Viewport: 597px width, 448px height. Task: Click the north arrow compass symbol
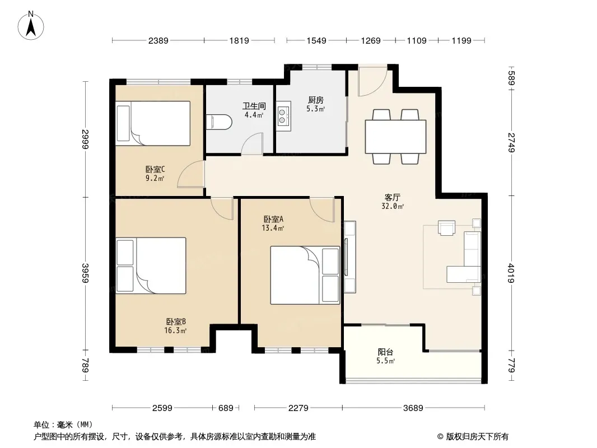[x=31, y=26]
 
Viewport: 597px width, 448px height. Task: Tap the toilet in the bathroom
[x=219, y=122]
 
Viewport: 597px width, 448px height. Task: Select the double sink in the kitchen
[x=283, y=116]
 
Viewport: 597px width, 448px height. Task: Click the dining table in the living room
[x=395, y=136]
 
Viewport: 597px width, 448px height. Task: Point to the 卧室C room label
[x=155, y=169]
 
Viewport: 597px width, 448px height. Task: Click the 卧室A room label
[x=273, y=220]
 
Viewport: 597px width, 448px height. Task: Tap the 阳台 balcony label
[x=385, y=352]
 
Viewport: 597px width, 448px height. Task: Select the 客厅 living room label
[x=392, y=198]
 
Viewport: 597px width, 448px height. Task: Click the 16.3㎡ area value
[x=175, y=330]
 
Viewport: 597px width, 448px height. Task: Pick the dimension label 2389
[x=158, y=40]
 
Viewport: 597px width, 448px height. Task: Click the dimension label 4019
[x=511, y=273]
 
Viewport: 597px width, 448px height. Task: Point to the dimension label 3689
[x=413, y=408]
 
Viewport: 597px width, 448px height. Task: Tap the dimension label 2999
[x=85, y=139]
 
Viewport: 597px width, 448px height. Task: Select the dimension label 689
[x=226, y=408]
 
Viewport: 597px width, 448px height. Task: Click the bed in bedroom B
[x=151, y=265]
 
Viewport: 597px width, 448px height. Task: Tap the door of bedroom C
[x=192, y=174]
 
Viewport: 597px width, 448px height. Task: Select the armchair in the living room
[x=446, y=227]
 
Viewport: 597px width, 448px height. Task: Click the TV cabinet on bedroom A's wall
[x=349, y=257]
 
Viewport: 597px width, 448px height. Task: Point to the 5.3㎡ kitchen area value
[x=316, y=109]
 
